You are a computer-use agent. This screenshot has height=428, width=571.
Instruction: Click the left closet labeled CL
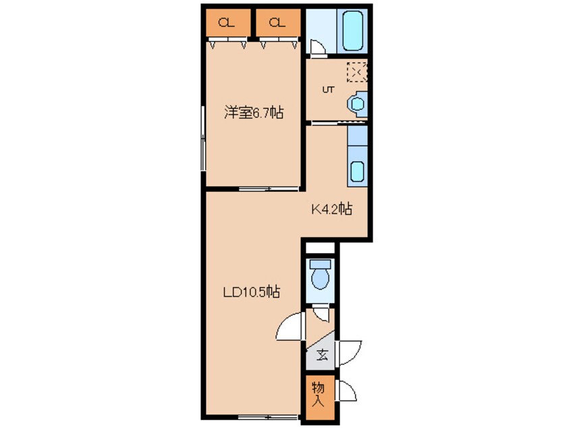point(228,22)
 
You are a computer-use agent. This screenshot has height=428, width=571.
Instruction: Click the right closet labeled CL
point(278,22)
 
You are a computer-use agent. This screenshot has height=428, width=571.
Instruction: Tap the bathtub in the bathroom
point(352,30)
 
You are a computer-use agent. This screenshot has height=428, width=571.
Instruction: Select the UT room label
point(328,90)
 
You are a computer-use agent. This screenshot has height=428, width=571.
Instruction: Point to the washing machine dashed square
point(357,72)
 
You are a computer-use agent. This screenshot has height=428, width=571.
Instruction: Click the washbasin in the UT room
point(357,104)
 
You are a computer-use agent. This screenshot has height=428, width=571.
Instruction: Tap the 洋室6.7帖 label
point(254,112)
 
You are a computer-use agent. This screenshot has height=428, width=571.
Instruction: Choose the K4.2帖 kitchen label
point(331,209)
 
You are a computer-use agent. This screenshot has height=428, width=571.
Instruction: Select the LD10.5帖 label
point(252,292)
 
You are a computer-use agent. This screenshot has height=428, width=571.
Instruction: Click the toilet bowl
point(320,274)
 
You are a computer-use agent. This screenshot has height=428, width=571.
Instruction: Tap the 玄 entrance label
point(322,354)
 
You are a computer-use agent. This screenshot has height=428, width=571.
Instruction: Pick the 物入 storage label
point(319,394)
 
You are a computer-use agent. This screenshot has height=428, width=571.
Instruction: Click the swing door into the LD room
point(290,326)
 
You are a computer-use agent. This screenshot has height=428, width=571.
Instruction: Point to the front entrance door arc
point(350,352)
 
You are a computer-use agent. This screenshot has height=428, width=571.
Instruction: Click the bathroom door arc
point(317,47)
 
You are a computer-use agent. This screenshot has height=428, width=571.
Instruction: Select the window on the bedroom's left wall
point(203,138)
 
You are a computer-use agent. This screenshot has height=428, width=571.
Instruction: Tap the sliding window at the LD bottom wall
point(269,417)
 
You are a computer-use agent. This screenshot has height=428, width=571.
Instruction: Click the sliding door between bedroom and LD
point(269,188)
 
